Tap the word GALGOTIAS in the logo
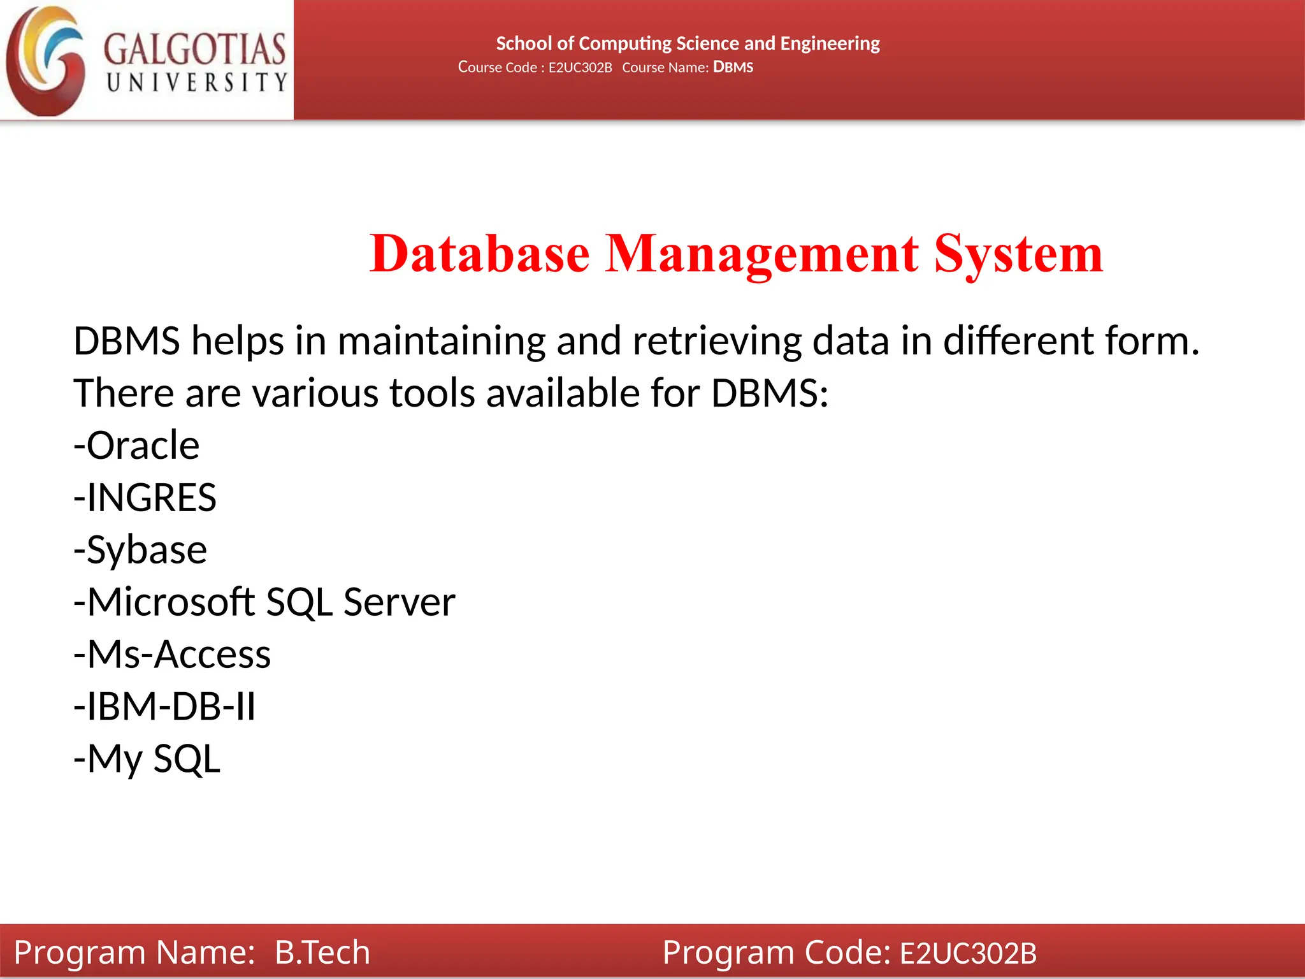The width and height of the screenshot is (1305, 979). point(194,50)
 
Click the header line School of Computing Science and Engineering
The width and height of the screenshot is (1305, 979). point(688,43)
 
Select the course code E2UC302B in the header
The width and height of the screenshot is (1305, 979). point(580,68)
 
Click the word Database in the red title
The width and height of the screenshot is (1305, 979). point(480,254)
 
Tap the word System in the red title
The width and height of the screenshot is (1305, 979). point(1018,254)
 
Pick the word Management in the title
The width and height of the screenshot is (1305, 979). point(761,254)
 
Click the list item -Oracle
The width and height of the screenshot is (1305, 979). point(136,445)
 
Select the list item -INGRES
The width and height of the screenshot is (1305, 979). point(145,497)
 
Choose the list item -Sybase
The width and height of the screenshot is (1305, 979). point(140,549)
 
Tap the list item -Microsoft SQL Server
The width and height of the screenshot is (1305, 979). point(264,602)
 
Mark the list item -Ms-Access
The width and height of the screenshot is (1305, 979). point(172,654)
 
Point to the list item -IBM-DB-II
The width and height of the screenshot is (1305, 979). point(164,706)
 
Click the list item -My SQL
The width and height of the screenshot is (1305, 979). point(147,758)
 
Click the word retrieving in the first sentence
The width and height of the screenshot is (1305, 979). point(717,341)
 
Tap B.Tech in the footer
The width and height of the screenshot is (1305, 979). point(322,952)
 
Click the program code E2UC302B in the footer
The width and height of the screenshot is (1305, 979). point(968,953)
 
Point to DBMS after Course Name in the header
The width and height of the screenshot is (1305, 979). point(733,67)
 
